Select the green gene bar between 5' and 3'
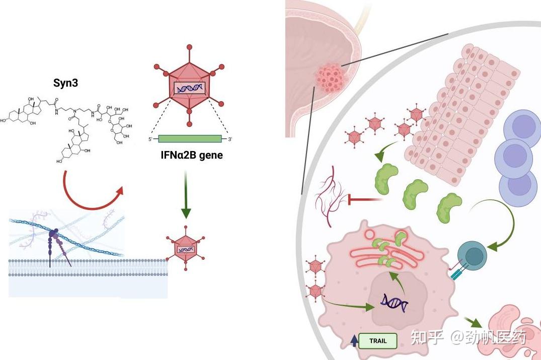[x=190, y=138]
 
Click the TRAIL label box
[x=378, y=341]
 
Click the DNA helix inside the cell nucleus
[x=394, y=302]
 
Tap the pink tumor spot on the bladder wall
[x=330, y=79]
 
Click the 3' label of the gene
[x=230, y=139]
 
